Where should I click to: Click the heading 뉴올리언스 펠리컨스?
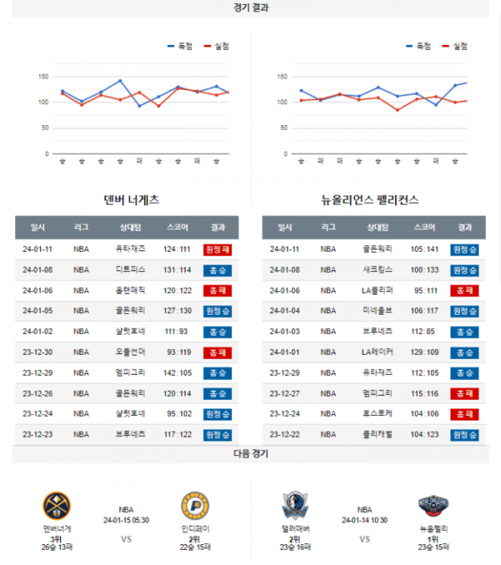370,200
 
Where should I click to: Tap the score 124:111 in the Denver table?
178,249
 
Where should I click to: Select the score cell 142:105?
178,372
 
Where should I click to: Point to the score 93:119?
178,351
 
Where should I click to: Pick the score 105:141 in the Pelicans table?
424,249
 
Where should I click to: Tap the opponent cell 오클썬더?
130,351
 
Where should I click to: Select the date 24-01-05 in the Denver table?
38,310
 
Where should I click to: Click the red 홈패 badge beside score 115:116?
464,393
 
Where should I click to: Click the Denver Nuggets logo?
57,506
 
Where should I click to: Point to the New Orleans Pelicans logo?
433,506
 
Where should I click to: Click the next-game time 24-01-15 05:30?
126,518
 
